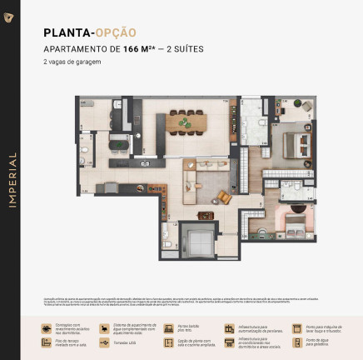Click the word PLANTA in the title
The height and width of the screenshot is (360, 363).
67,32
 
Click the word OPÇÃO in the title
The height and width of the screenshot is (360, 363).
116,32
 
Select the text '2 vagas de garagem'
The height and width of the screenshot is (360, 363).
74,62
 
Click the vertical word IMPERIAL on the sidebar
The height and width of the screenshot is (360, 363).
12,179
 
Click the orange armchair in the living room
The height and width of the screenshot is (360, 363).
224,197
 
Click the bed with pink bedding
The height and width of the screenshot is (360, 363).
294,222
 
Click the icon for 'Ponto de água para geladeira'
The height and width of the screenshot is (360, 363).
298,342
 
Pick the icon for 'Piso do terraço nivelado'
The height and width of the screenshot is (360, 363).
47,342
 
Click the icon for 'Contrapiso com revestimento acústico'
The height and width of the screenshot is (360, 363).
47,328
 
